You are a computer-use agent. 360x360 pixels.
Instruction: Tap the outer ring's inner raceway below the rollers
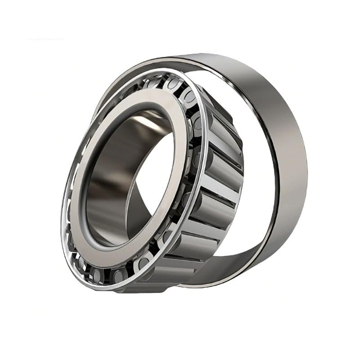click(x=234, y=265)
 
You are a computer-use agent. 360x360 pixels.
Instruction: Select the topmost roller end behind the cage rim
click(x=173, y=83)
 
